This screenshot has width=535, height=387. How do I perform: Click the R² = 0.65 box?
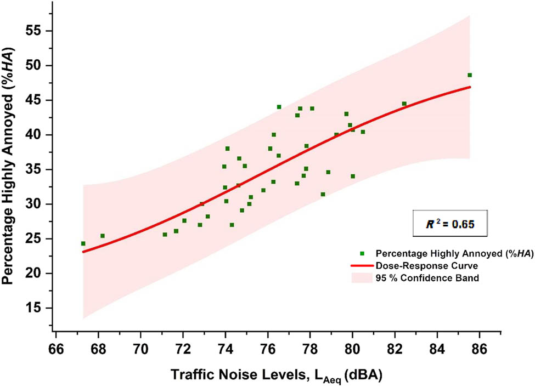tap(449, 224)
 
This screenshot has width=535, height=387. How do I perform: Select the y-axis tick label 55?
tap(37, 31)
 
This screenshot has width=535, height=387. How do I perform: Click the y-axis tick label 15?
tap(37, 308)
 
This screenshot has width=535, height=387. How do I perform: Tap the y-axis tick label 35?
tap(37, 169)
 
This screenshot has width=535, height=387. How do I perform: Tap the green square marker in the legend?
tap(361, 254)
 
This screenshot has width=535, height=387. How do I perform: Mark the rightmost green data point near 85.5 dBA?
tap(470, 75)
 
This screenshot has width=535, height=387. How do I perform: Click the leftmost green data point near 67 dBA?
tap(83, 243)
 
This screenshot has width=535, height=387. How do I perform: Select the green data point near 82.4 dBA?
tap(404, 104)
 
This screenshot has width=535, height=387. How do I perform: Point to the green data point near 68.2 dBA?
tap(103, 236)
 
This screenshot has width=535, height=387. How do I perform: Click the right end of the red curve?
tap(470, 87)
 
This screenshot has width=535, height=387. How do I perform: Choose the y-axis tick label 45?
tap(37, 100)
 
